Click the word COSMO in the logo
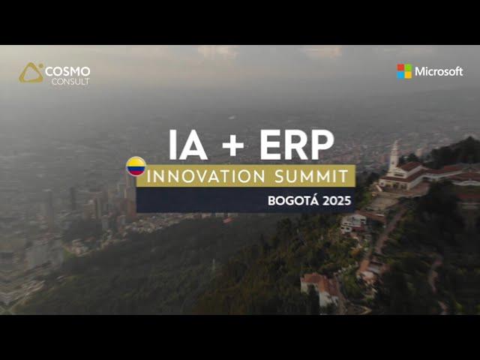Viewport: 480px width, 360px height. [x=67, y=72]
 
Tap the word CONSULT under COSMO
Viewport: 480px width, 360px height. [x=70, y=82]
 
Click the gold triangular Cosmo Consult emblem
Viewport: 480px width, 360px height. [x=31, y=73]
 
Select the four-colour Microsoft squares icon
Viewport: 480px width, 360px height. [x=404, y=71]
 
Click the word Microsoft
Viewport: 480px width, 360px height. [x=439, y=72]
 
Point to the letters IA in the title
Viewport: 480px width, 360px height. [x=188, y=145]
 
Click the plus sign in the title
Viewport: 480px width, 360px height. [x=233, y=145]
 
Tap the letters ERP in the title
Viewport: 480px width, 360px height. [x=297, y=145]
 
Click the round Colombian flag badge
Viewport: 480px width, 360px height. [x=136, y=166]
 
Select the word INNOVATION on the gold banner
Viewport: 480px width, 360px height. [x=206, y=176]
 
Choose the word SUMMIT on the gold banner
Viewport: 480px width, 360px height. [x=312, y=176]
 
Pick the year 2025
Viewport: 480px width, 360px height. [x=337, y=201]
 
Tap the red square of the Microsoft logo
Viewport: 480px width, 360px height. [x=400, y=67]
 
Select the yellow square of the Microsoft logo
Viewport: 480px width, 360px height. [x=408, y=75]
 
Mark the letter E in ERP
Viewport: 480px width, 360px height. [x=270, y=145]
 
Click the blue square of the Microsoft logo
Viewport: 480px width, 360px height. [x=400, y=75]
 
